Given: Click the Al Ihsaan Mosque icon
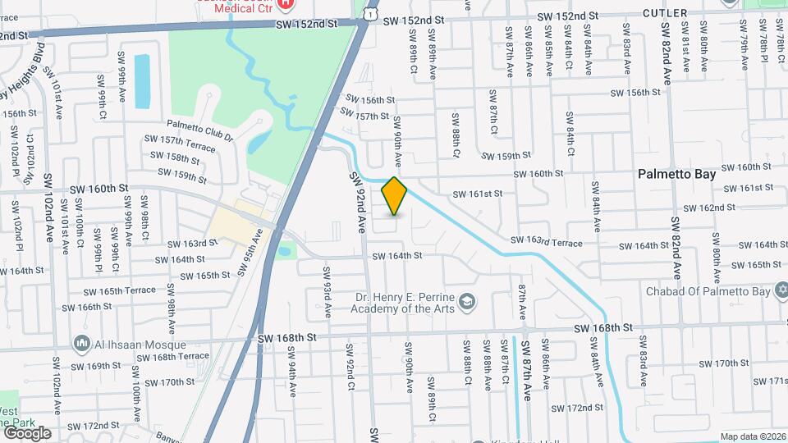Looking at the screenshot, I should [82, 344].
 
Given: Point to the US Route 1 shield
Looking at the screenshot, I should [371, 14].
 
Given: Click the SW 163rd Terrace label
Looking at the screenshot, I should [545, 243].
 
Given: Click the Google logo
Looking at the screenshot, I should [27, 432].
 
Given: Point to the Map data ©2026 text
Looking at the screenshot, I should [753, 436].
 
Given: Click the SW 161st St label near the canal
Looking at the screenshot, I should [477, 194].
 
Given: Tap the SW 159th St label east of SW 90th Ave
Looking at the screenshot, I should [506, 156].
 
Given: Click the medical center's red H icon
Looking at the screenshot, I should [286, 4].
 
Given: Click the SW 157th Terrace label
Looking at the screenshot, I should [179, 143].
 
